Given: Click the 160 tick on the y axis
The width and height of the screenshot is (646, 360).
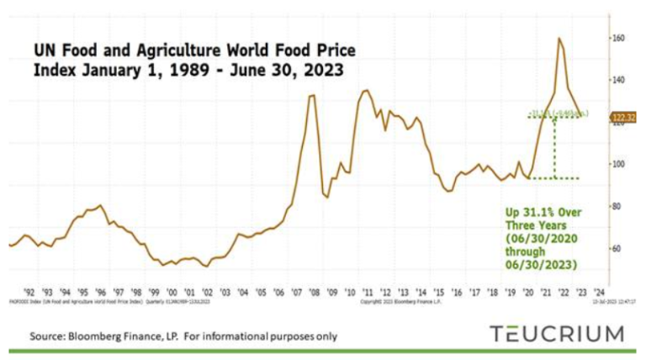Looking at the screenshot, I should (x=618, y=39).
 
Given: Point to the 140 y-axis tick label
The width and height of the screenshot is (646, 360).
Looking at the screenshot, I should (x=618, y=80).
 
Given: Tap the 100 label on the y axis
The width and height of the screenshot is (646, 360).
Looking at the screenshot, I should (x=618, y=164).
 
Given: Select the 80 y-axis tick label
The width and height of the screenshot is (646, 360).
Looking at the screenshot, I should (x=618, y=206).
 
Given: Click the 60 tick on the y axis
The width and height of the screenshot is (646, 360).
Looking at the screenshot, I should (x=618, y=248).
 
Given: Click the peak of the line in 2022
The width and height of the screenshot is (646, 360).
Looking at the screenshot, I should (x=559, y=38).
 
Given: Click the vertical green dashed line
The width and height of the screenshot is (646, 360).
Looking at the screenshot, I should (x=553, y=147).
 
